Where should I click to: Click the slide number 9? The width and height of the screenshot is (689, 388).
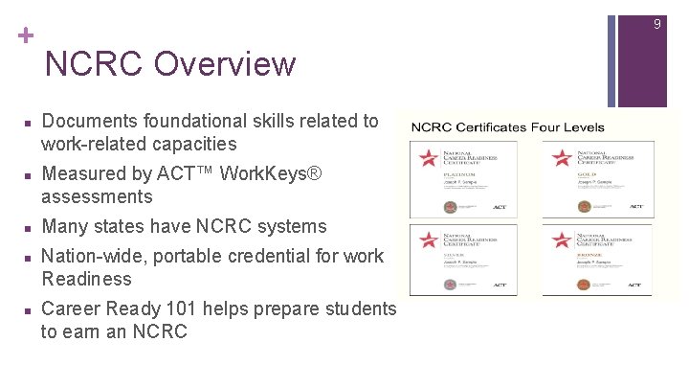click(656, 24)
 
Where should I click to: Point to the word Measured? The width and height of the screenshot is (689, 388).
click(85, 173)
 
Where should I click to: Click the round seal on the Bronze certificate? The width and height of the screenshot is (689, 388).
click(578, 285)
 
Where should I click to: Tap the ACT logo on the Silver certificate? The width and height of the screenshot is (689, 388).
click(499, 285)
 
